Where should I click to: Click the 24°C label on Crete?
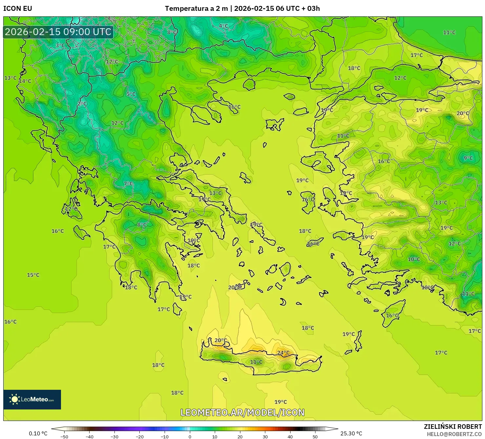click(283, 353)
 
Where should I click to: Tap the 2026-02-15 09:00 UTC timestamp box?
click(58, 32)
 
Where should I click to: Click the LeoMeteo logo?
click(32, 399)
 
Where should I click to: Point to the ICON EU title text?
click(18, 9)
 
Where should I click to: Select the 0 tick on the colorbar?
click(190, 436)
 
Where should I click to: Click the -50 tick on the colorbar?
click(64, 436)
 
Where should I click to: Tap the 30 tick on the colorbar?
click(265, 436)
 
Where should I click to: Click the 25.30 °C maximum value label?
click(351, 433)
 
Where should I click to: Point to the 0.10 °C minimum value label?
click(38, 433)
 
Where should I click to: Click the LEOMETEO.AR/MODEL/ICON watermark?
click(243, 412)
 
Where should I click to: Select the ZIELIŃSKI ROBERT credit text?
click(453, 427)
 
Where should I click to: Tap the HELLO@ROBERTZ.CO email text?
click(454, 434)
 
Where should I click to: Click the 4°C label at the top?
click(223, 26)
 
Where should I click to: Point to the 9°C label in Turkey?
click(468, 158)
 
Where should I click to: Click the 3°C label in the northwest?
click(60, 46)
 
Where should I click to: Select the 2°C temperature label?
click(82, 104)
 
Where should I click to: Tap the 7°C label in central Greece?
click(128, 184)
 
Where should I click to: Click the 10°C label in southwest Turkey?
click(414, 259)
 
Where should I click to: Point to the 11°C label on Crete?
click(256, 362)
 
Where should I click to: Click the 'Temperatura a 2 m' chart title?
click(196, 9)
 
